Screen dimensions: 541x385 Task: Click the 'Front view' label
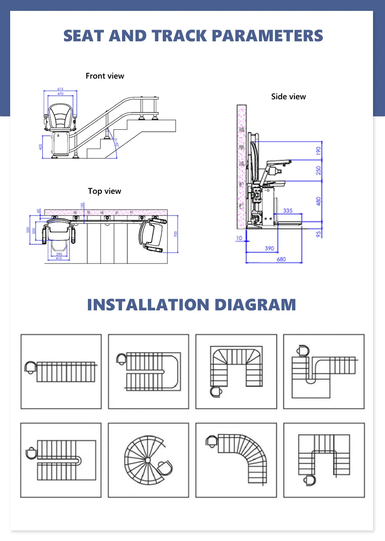point(105,76)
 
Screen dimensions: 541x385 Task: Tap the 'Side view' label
point(288,97)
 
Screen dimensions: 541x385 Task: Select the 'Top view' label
point(104,191)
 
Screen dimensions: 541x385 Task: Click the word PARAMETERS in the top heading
point(267,36)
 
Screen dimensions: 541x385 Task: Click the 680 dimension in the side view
point(281,259)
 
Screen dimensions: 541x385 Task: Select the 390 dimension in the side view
point(269,248)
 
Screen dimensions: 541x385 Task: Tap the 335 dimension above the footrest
point(288,211)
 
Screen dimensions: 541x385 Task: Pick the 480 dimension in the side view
point(319,201)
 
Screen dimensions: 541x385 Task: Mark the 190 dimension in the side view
point(319,150)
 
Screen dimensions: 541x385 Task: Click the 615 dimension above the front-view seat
point(60,89)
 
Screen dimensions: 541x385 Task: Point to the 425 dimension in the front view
point(40,147)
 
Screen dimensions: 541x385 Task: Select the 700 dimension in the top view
point(175,234)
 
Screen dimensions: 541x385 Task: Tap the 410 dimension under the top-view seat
point(59,258)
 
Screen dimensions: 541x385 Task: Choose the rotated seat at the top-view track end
point(152,234)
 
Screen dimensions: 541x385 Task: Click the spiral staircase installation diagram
point(148,460)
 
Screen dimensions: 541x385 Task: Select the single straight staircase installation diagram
point(61,372)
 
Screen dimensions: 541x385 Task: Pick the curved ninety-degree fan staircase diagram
point(236,460)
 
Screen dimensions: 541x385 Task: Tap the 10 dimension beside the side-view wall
point(239,238)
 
